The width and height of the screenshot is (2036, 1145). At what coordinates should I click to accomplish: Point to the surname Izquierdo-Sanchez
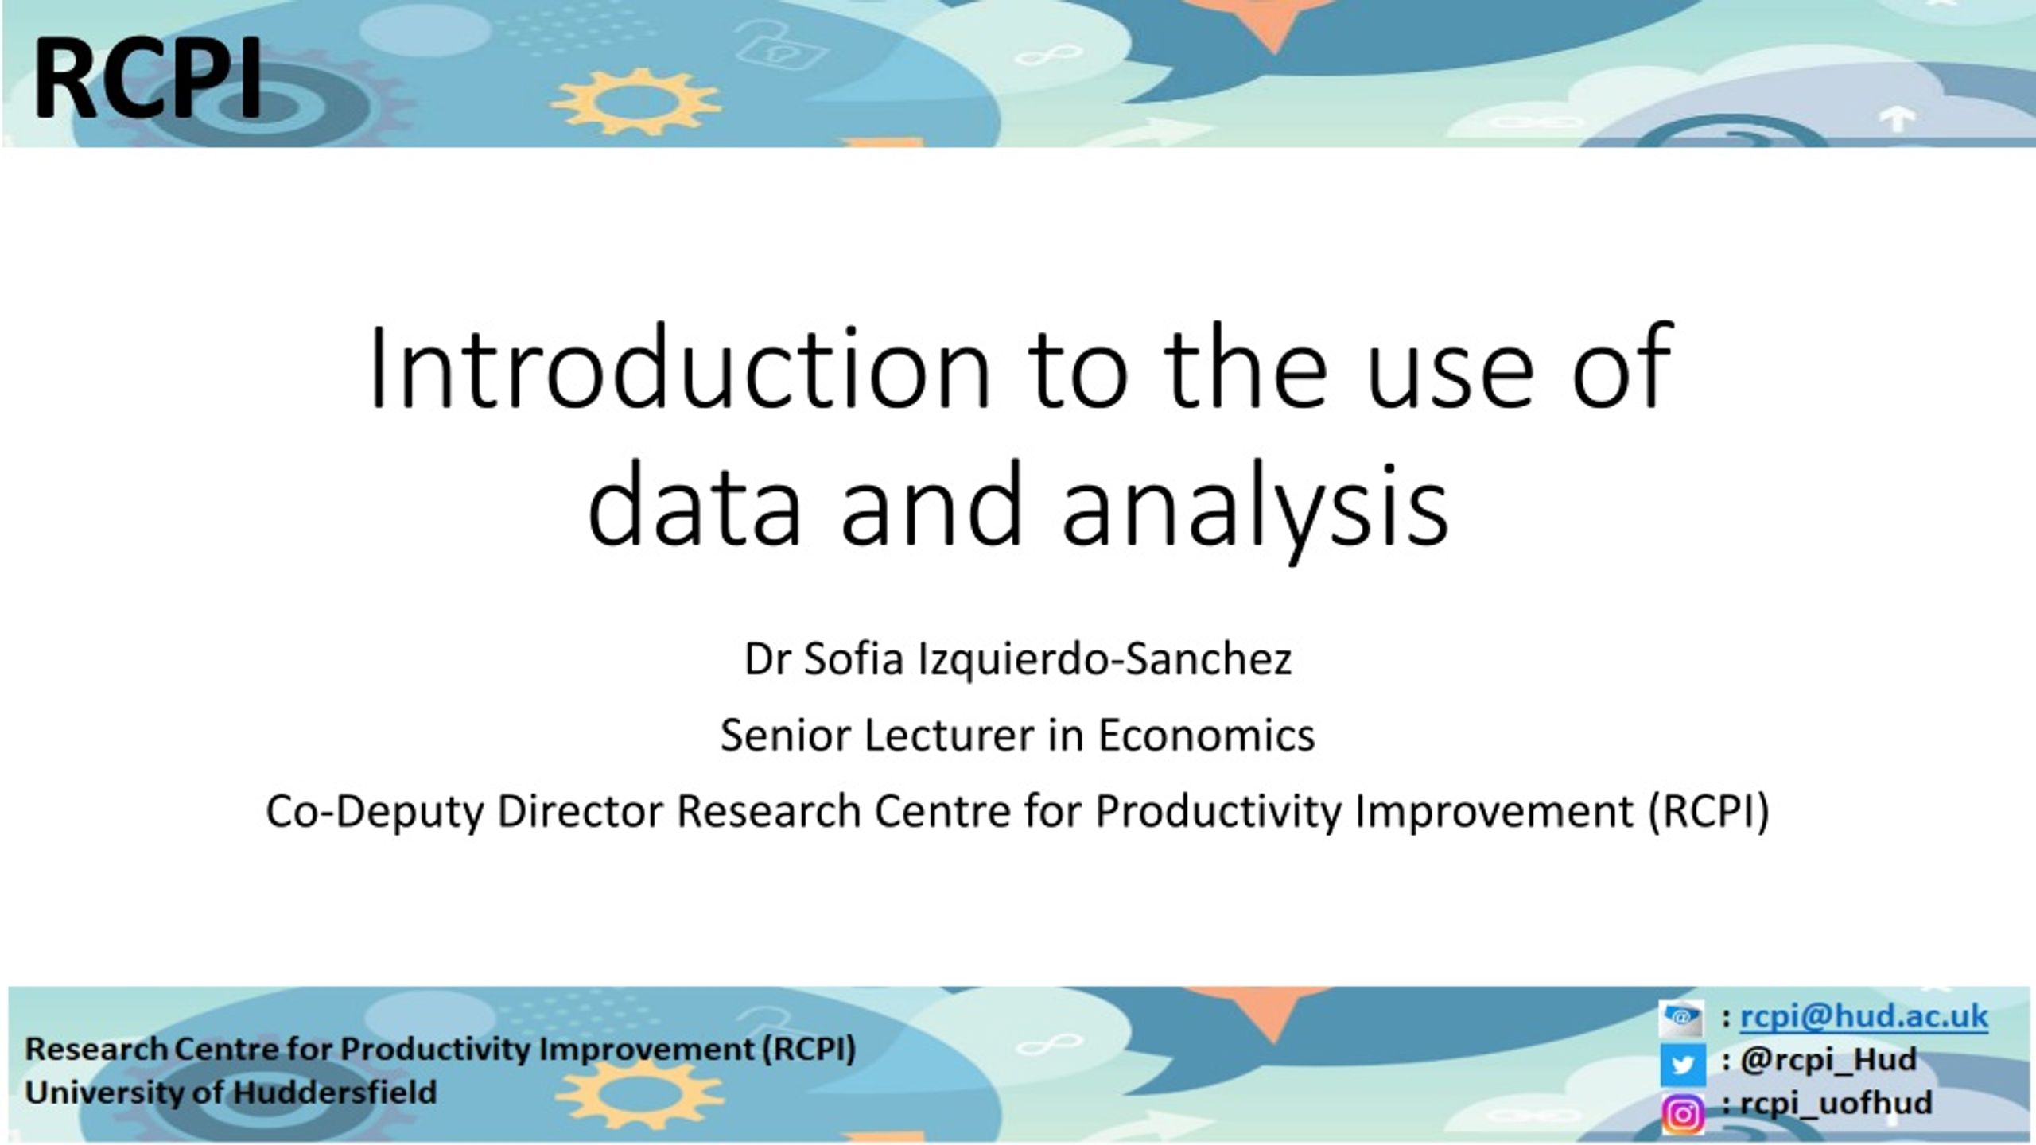click(x=1105, y=659)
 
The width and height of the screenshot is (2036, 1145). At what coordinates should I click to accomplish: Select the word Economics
click(x=1206, y=735)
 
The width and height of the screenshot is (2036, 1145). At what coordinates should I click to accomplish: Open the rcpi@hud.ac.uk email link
click(x=1864, y=1017)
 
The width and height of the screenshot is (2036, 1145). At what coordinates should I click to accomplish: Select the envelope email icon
click(x=1681, y=1017)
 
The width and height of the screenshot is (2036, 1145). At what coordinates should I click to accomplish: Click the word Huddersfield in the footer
click(x=335, y=1093)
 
